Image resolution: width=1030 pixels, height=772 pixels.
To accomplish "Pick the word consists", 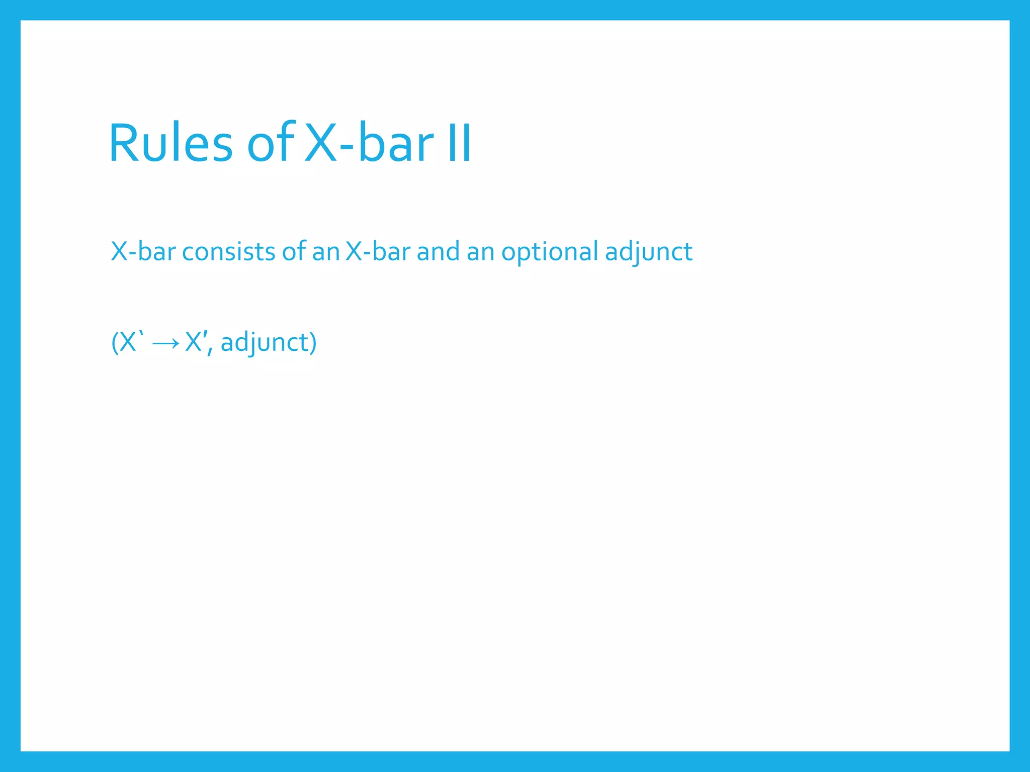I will tap(228, 251).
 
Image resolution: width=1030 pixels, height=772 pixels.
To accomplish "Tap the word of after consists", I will tap(294, 251).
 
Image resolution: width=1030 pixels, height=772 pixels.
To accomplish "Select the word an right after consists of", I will tap(325, 251).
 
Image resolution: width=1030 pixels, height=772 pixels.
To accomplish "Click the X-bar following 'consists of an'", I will tap(378, 251).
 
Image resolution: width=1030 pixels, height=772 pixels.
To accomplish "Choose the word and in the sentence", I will tap(438, 251).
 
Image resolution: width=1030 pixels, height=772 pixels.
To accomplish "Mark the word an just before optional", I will tap(480, 251).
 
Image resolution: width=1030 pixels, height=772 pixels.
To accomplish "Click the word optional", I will tap(550, 251).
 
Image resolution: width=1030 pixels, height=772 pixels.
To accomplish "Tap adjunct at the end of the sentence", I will tap(648, 252).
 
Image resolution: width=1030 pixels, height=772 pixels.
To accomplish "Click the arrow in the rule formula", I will tap(165, 343).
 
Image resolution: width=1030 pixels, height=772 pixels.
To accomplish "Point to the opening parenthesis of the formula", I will tap(115, 343).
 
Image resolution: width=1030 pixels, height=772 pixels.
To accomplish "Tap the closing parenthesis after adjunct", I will tap(313, 343).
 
